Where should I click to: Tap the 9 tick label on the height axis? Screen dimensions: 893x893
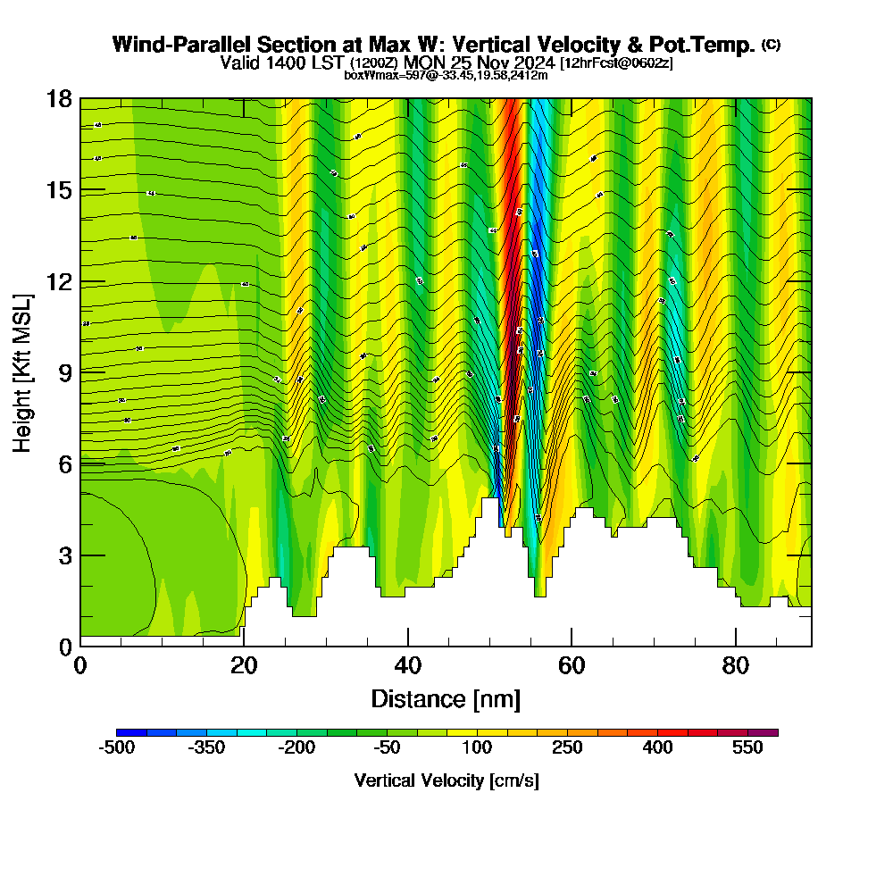point(63,371)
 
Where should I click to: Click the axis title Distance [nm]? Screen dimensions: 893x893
point(446,698)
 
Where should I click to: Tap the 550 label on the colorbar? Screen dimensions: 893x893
point(748,748)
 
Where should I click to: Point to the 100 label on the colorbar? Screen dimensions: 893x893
point(478,748)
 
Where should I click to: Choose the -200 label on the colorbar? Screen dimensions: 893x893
point(296,748)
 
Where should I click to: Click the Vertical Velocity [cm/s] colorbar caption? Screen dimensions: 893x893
point(446,780)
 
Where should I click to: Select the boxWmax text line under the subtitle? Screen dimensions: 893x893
point(446,75)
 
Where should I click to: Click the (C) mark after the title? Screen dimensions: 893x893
point(771,44)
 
